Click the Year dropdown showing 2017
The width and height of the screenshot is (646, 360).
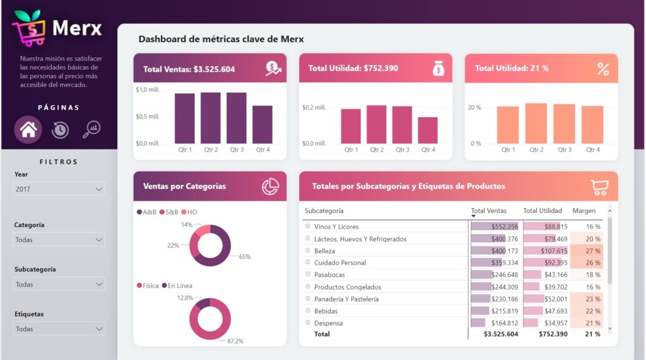(x=59, y=189)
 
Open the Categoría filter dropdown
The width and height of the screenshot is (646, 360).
(x=59, y=240)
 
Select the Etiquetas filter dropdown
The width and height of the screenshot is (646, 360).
(x=59, y=328)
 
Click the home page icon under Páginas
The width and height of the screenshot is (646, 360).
(x=28, y=130)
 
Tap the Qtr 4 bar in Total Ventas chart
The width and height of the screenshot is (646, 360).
(x=262, y=124)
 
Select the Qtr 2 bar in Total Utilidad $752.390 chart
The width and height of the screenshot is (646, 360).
(x=377, y=124)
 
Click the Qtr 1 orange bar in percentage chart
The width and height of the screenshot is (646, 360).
(x=508, y=125)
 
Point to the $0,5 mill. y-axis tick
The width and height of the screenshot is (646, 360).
(x=148, y=117)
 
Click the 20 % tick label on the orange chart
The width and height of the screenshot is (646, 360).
(x=474, y=108)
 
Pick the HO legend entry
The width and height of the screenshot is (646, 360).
(x=189, y=212)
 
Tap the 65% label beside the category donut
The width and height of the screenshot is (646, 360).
(x=245, y=257)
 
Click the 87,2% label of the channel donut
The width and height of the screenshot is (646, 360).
(x=235, y=340)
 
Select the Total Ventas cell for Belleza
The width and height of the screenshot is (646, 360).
(x=495, y=251)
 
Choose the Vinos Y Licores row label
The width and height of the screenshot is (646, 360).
(x=336, y=227)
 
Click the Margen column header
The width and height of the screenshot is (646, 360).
(x=584, y=211)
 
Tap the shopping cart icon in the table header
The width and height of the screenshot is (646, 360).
(x=599, y=187)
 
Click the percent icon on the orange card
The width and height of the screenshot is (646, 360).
(x=603, y=69)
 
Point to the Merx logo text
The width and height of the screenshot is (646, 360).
(x=76, y=28)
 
